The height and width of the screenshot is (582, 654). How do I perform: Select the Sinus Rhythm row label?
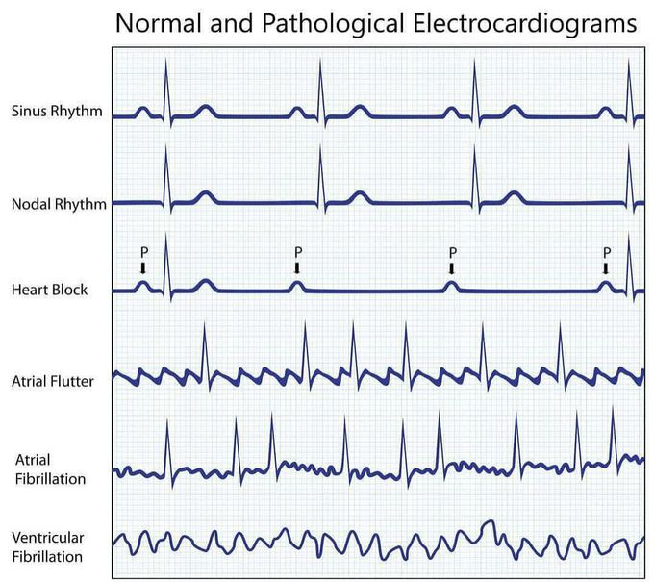(56, 111)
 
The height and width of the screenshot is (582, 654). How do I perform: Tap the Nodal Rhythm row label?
(58, 203)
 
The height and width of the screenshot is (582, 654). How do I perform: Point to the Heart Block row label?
(49, 289)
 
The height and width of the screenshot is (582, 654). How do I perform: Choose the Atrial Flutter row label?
(52, 381)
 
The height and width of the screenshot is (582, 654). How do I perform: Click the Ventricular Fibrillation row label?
(46, 546)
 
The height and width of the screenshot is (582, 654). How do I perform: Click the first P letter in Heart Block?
(142, 252)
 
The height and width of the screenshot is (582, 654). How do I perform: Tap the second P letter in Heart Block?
(297, 252)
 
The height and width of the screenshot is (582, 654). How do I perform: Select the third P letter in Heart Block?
(451, 252)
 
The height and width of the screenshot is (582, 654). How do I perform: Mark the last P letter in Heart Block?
(605, 252)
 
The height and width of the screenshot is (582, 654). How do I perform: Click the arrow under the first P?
(142, 268)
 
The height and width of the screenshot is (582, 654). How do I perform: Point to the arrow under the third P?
(451, 268)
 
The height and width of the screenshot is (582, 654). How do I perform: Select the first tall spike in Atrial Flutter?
(203, 337)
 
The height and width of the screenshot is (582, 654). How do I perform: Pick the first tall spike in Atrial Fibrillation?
(166, 428)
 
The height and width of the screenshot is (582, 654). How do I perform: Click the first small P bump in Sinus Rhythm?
(141, 111)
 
